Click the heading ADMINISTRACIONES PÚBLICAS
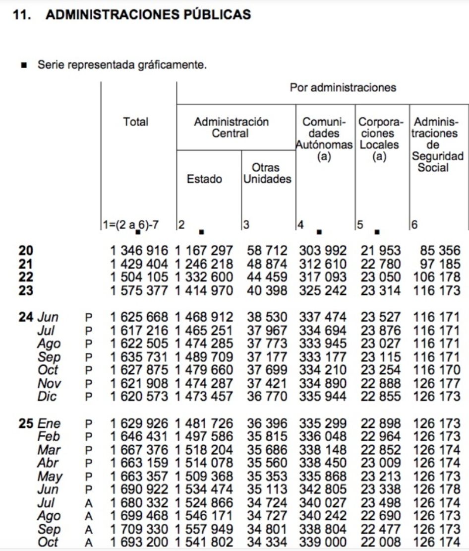pyautogui.click(x=148, y=15)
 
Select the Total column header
pyautogui.click(x=136, y=122)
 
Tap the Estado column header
pyautogui.click(x=204, y=179)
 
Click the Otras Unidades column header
pyautogui.click(x=267, y=174)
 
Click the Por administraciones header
pyautogui.click(x=343, y=88)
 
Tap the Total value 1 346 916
pyautogui.click(x=139, y=251)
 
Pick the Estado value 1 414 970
pyautogui.click(x=204, y=291)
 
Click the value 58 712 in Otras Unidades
pyautogui.click(x=267, y=251)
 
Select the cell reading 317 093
pyautogui.click(x=323, y=277)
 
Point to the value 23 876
pyautogui.click(x=380, y=331)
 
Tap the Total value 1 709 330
pyautogui.click(x=139, y=530)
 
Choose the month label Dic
pyautogui.click(x=47, y=397)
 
